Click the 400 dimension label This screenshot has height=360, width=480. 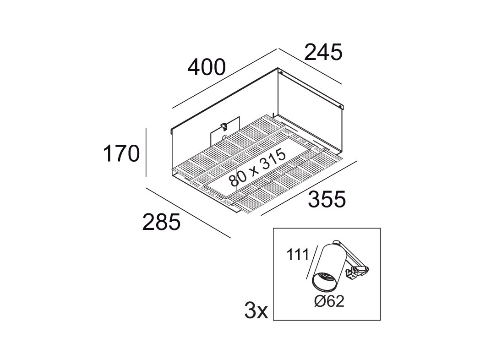click(207, 68)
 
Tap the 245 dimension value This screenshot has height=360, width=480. click(323, 52)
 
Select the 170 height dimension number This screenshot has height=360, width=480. click(121, 153)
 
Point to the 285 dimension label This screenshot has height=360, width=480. click(162, 222)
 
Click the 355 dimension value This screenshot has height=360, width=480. click(327, 199)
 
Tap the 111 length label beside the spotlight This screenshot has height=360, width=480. click(298, 255)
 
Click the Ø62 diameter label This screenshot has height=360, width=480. click(329, 301)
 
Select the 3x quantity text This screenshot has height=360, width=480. click(256, 311)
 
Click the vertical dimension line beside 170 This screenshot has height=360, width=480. click(146, 153)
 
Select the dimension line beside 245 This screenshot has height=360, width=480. click(310, 66)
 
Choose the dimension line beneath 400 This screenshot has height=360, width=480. click(225, 78)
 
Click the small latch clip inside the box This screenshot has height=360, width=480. click(224, 125)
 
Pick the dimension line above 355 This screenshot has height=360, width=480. click(309, 187)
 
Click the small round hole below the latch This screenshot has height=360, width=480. click(224, 137)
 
